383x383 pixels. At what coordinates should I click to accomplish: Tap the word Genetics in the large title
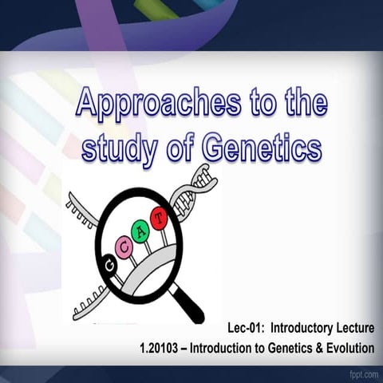click(x=263, y=148)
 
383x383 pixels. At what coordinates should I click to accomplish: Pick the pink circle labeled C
click(x=124, y=246)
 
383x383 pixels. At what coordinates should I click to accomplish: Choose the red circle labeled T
click(x=160, y=216)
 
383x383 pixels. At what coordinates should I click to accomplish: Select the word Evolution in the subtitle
click(x=347, y=348)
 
